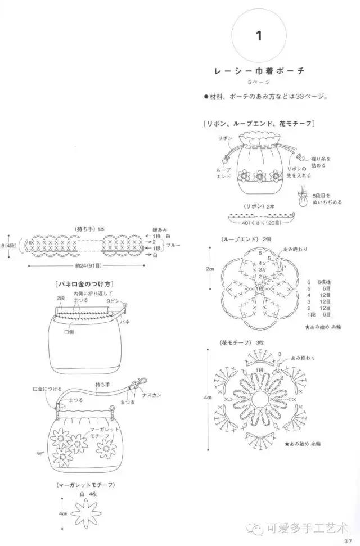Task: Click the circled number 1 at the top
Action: point(259,37)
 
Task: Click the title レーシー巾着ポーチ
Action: point(259,71)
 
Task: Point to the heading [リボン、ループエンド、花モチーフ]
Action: point(259,123)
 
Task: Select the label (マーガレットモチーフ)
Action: point(86,485)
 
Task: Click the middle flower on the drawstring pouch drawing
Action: point(260,177)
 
